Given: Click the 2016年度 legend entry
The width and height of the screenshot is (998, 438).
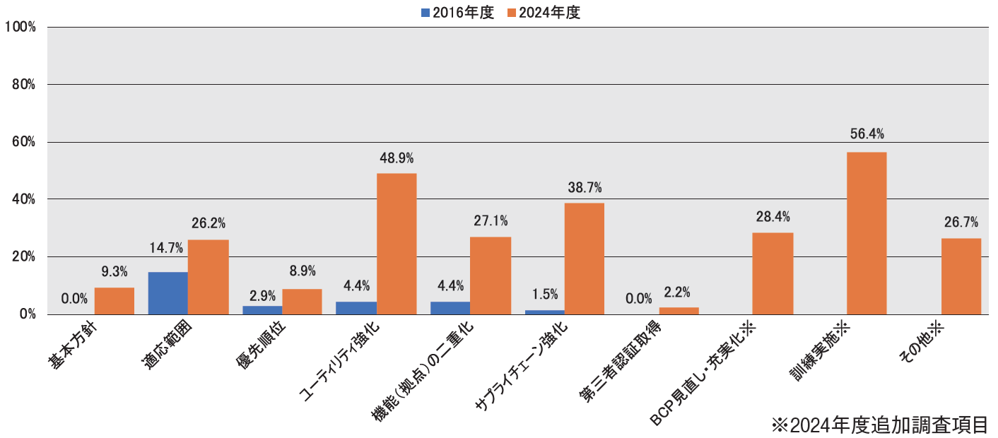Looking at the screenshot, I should point(457,13).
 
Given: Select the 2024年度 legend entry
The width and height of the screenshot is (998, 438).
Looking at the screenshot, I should point(542,13).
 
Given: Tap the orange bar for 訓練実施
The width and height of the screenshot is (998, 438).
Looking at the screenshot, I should point(866,233).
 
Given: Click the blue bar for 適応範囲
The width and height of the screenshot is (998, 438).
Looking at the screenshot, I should point(168,293).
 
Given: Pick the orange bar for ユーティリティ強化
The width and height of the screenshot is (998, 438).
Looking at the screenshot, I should point(396,244).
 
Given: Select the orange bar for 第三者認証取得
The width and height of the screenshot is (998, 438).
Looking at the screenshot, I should point(679,311).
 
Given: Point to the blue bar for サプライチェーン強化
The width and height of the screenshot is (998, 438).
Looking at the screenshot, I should point(544,312).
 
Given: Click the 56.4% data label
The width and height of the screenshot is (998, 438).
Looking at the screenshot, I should point(867,134).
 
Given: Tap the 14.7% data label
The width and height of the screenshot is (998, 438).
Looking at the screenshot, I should point(166,248).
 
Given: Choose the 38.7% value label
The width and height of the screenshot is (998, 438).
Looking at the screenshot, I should point(585,188).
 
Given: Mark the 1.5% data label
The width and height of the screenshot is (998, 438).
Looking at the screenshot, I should point(544,293).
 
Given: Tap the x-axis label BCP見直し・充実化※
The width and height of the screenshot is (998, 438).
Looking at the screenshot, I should point(703,374).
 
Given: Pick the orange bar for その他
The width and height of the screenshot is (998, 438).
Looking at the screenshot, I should point(961,276).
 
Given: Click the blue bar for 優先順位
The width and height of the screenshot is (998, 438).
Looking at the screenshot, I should point(262,310).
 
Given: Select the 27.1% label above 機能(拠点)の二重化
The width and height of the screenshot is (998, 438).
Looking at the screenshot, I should point(491,221).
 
